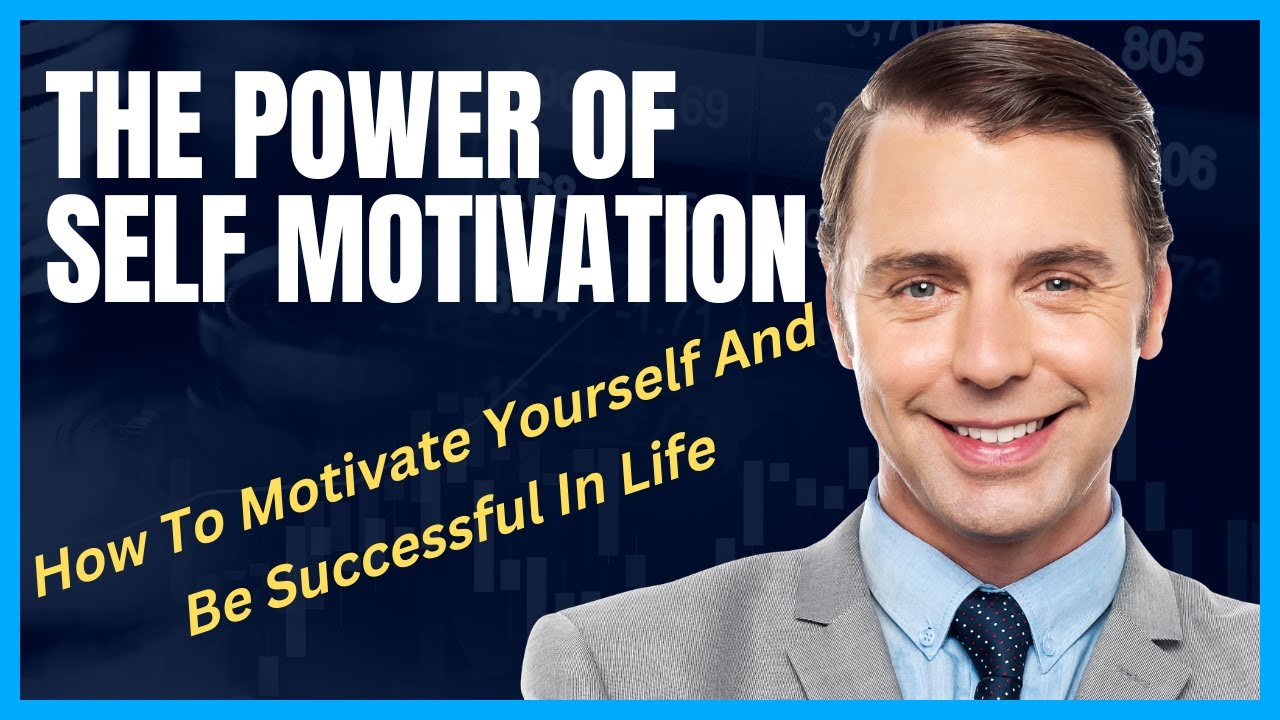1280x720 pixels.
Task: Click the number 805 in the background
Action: [x=1161, y=50]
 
